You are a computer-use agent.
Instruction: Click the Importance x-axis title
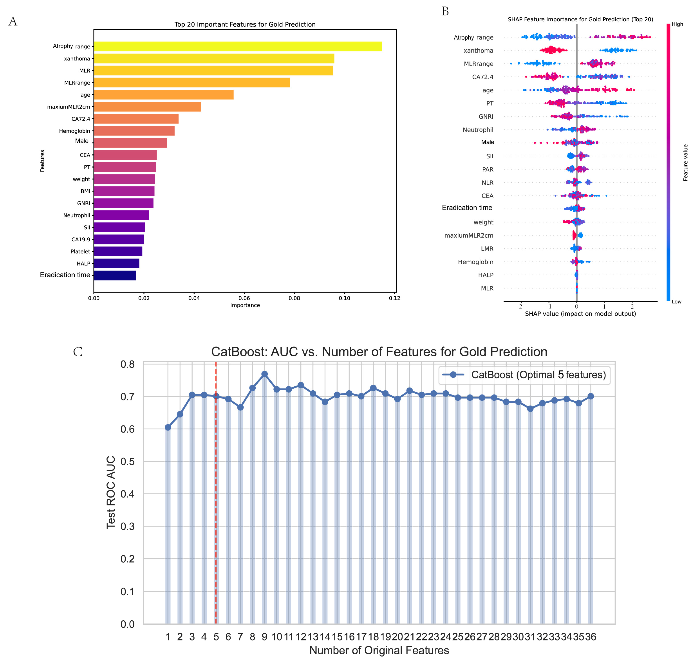tap(245, 305)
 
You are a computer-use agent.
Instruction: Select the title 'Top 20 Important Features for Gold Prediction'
tap(245, 24)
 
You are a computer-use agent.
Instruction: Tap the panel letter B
tap(445, 12)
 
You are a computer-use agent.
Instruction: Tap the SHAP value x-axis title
tap(580, 314)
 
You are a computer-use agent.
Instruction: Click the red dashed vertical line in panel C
tap(216, 493)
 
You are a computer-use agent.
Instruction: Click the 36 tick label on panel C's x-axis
tap(591, 637)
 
